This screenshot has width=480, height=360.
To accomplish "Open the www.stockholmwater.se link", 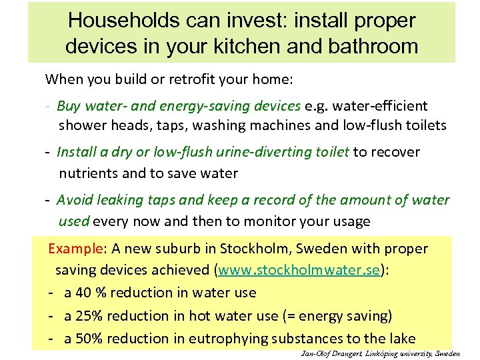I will [x=299, y=270].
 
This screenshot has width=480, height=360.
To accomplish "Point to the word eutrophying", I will [x=230, y=339].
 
